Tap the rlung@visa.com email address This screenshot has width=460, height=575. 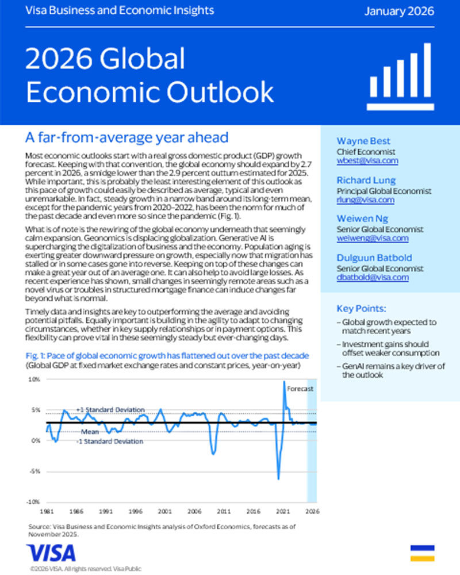pos(365,200)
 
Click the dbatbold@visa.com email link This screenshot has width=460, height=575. pos(372,277)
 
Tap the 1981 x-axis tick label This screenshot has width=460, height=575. pos(47,510)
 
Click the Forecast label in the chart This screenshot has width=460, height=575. pos(301,389)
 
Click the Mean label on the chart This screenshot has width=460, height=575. pos(89,431)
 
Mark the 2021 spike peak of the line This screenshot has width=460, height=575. pos(284,382)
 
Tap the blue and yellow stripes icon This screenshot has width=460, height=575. pos(422,553)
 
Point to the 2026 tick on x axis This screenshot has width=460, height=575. pos(311,510)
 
